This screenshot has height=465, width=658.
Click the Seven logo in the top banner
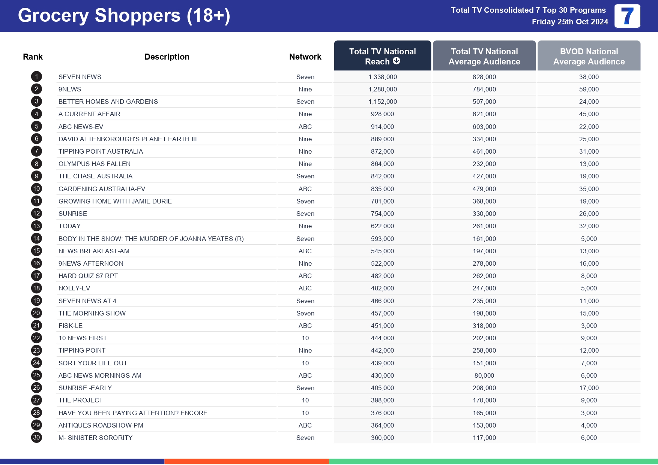coord(627,16)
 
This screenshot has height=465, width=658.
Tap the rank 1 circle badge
coord(36,77)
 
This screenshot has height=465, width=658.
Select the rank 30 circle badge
coord(36,438)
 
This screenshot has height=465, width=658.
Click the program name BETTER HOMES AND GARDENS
coord(108,102)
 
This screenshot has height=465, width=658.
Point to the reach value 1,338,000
coord(382,77)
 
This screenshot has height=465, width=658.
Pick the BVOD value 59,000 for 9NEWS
coord(589,89)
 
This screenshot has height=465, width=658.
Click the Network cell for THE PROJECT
coord(305,400)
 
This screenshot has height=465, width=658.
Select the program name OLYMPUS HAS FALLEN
coord(95,164)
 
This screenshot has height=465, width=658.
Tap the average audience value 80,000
coord(484,375)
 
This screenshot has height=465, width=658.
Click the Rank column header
coord(33,57)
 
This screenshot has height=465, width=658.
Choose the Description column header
coord(167,57)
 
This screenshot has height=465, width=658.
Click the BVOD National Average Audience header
coord(589,56)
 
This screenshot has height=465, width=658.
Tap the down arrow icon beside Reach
coord(397,61)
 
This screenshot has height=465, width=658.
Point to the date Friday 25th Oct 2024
coord(569,22)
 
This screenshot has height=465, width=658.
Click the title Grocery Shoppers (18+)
coord(124,16)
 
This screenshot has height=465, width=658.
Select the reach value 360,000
coord(382,438)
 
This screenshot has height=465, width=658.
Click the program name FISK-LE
coord(71,326)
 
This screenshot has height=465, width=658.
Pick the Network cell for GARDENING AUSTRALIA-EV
coord(305,189)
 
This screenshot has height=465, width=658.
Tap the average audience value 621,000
coord(484,114)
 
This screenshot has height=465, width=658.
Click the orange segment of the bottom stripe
coord(246,462)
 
